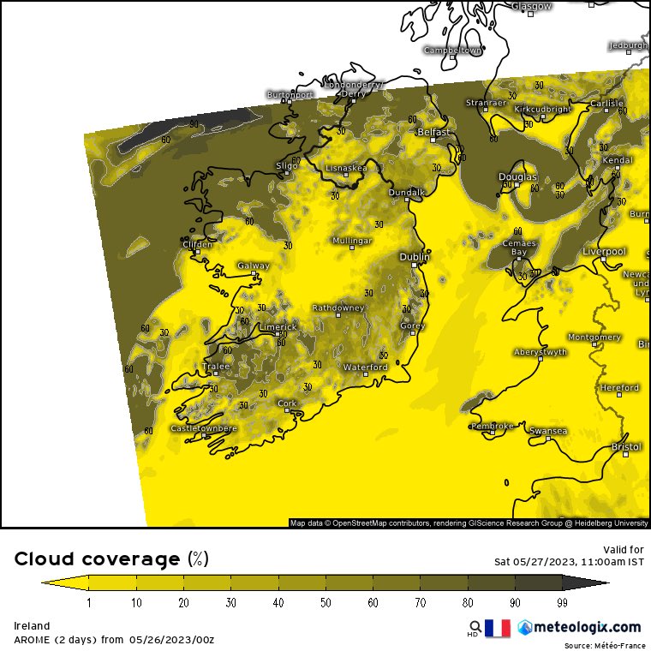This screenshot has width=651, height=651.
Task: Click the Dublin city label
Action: point(415,256)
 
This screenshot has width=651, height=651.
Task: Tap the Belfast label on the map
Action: point(433,133)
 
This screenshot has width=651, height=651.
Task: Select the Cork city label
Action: point(287,403)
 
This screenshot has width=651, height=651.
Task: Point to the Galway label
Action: point(253,266)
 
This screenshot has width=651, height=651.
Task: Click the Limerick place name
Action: point(278,326)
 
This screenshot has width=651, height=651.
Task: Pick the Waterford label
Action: point(365,367)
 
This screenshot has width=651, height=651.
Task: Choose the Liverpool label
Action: point(604,251)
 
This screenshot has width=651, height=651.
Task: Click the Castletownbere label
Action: point(204,427)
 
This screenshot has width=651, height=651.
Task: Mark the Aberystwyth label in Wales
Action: point(540,352)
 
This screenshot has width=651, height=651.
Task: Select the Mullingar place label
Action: point(351,241)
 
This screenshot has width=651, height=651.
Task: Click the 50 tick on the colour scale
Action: point(326,603)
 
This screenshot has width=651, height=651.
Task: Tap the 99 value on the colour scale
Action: point(563,603)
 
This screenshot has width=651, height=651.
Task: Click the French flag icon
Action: point(498,628)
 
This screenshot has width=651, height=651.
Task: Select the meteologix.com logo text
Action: point(586,628)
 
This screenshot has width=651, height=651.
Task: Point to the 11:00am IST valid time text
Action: point(607,562)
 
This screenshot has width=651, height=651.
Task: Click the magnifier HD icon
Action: point(474,628)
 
